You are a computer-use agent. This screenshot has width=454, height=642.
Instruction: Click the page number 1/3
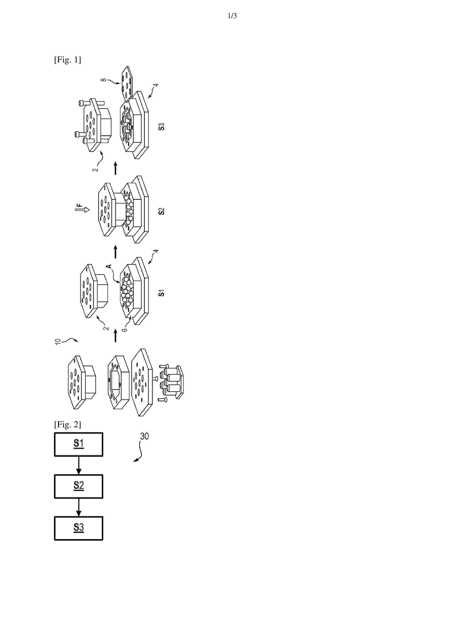(x=232, y=16)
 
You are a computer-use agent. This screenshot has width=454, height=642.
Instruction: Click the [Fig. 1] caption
(x=67, y=60)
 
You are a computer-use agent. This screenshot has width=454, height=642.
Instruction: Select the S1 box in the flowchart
(x=79, y=444)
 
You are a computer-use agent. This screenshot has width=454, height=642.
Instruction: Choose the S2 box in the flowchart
(x=79, y=486)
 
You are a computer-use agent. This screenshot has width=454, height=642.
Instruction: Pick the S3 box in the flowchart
(x=79, y=528)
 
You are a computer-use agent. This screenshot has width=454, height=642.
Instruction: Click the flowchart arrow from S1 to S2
(x=79, y=465)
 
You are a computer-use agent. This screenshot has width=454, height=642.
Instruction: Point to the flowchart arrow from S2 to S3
(x=79, y=507)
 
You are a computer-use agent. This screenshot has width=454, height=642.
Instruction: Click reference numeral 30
(x=144, y=436)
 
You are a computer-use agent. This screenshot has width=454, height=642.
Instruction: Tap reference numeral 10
(x=58, y=341)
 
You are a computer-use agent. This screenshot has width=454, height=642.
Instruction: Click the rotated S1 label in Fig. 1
(x=161, y=293)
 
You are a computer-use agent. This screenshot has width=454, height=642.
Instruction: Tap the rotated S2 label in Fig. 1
(x=161, y=211)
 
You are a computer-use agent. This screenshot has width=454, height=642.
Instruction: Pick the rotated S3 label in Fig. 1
(x=161, y=127)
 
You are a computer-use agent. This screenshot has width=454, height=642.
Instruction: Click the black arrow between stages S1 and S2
(x=116, y=252)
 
